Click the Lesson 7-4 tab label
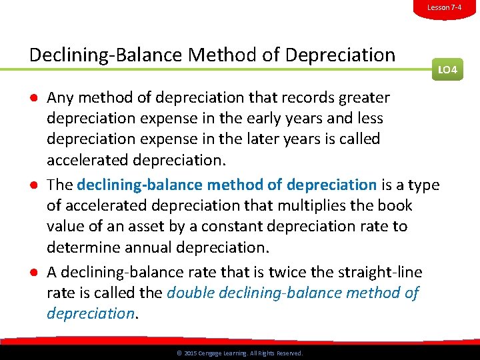pyautogui.click(x=444, y=7)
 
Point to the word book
pyautogui.click(x=395, y=205)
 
